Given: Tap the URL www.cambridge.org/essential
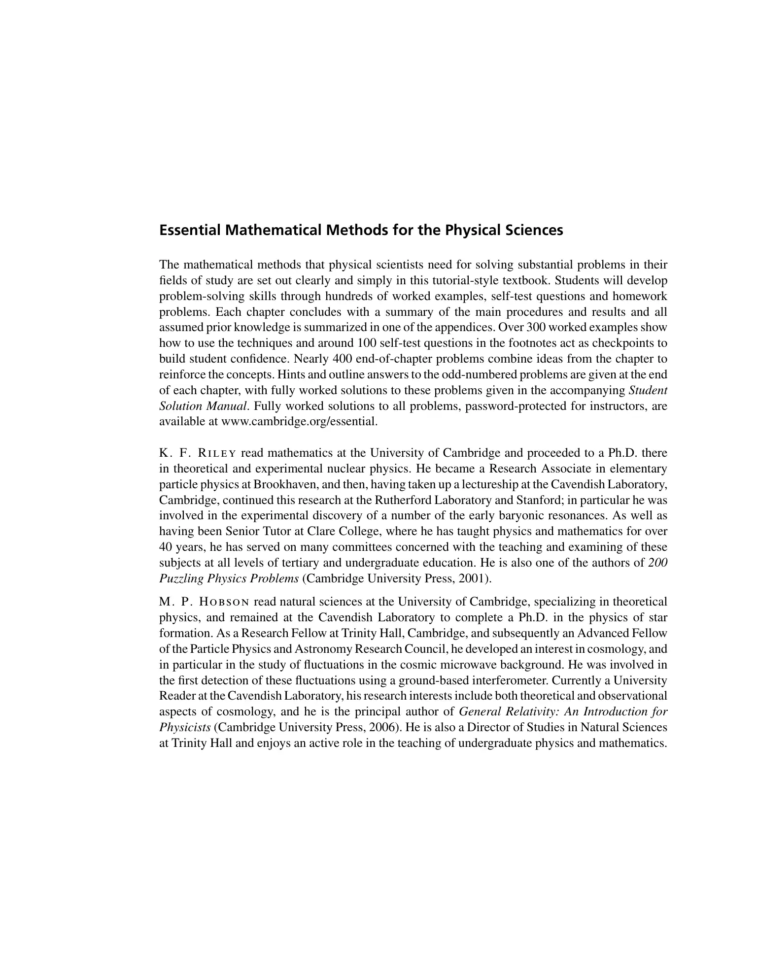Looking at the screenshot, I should [x=300, y=422].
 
